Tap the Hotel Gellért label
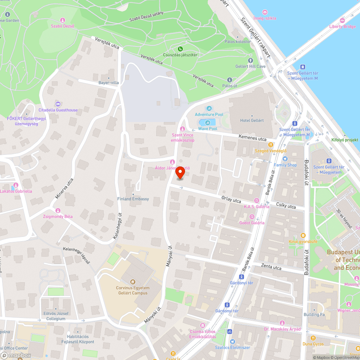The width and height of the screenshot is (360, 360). (x=252, y=121)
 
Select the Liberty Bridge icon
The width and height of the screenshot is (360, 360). (x=342, y=21)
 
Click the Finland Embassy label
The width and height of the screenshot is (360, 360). (x=133, y=199)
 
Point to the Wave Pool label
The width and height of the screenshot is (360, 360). (x=208, y=129)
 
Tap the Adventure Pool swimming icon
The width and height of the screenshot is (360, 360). (x=209, y=109)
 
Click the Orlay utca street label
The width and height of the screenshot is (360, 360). (x=231, y=199)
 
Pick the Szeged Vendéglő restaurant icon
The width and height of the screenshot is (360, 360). (x=271, y=144)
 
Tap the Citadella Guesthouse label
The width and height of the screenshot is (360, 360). (x=58, y=110)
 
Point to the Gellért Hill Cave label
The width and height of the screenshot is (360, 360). (x=251, y=67)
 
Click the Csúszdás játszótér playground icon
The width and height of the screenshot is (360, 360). (x=180, y=49)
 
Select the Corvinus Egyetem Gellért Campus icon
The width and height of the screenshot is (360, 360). (x=132, y=282)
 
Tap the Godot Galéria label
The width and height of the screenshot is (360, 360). (x=252, y=222)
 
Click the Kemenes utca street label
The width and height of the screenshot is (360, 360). (x=252, y=138)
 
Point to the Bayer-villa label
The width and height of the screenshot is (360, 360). (x=108, y=83)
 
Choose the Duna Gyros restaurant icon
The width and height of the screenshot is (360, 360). (x=313, y=338)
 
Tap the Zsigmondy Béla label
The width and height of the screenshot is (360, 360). (x=58, y=216)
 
